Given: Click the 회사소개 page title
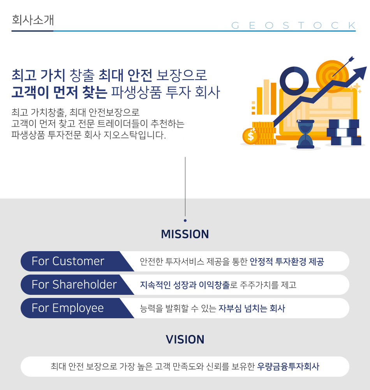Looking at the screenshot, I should [x=33, y=20].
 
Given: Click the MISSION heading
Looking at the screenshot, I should [x=185, y=234].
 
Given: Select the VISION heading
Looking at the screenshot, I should [x=185, y=339].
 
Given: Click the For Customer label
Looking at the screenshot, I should [x=68, y=261].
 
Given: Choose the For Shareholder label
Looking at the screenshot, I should [x=74, y=285].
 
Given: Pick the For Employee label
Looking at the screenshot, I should [x=68, y=308].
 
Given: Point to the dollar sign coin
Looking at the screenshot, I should [x=250, y=136].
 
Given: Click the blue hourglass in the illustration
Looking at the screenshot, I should [x=305, y=134].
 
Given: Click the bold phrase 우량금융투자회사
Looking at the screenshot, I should [x=288, y=367].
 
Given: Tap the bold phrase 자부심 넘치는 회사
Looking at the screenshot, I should [x=252, y=308].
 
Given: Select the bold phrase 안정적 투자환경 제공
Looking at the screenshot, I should [x=287, y=262].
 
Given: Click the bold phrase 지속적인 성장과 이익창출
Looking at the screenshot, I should [x=185, y=285].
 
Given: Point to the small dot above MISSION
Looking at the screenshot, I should [x=185, y=220].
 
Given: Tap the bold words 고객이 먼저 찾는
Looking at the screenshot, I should [x=59, y=92].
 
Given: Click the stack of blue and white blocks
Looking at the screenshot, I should [x=344, y=133].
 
